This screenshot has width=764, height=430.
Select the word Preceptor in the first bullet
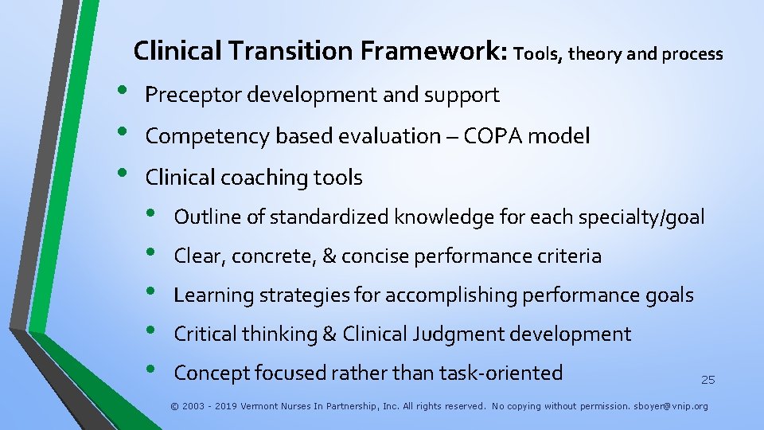(x=194, y=95)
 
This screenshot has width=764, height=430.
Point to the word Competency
(x=209, y=136)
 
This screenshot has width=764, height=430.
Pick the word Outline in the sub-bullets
(x=203, y=217)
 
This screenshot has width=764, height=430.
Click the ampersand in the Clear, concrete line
(x=328, y=256)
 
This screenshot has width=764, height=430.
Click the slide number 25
(x=707, y=381)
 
